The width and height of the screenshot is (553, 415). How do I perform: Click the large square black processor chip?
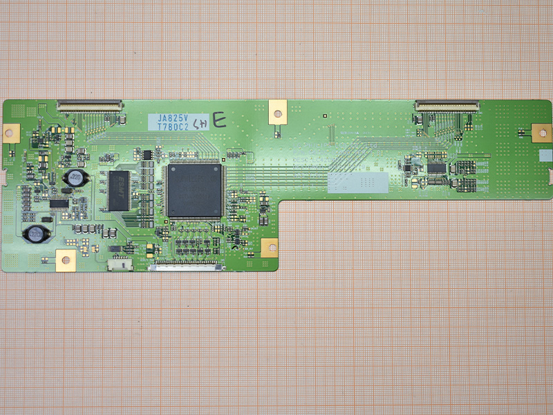194,190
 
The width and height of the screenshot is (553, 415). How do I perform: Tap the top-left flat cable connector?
89,105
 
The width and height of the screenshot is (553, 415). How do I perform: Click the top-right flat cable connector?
447,105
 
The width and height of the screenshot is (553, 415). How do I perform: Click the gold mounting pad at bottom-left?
66,259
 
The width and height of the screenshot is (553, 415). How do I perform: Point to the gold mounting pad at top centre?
276,110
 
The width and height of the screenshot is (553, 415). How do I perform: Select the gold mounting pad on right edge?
540,132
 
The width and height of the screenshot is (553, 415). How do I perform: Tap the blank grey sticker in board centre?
357,181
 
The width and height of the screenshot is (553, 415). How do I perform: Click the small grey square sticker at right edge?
546,156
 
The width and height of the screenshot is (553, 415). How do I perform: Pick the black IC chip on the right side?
436,168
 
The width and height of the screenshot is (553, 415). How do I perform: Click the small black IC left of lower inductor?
59,203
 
